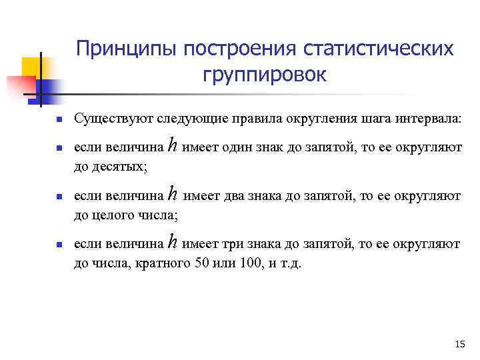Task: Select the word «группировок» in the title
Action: [265, 75]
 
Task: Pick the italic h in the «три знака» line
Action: [173, 243]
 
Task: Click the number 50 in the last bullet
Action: [201, 263]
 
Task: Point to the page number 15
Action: [459, 344]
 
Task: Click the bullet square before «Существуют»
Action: [58, 120]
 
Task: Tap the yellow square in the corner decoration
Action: [32, 66]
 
